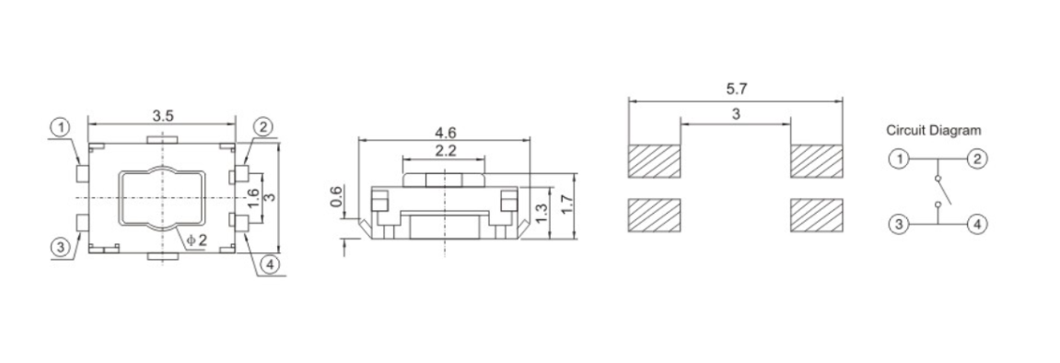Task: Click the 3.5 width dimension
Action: (x=163, y=116)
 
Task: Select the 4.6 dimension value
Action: (x=445, y=133)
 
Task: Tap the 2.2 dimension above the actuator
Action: (x=445, y=150)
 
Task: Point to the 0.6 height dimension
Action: (x=337, y=196)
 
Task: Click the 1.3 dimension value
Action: (x=542, y=213)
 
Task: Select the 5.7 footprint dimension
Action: (x=736, y=89)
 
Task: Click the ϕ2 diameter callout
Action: (x=196, y=240)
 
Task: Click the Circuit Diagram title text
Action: (x=933, y=131)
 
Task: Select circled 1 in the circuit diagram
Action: (x=897, y=158)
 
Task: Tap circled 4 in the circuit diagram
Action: (x=978, y=224)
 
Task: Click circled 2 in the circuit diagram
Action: (x=978, y=158)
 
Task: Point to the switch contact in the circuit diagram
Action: (x=938, y=192)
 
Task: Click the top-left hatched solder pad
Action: (x=654, y=161)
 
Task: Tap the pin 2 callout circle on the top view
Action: (x=262, y=127)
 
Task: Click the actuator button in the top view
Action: (x=162, y=198)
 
